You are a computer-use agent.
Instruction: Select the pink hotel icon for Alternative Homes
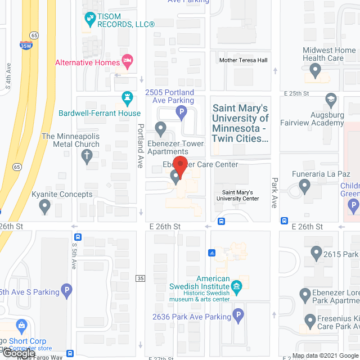(128, 62)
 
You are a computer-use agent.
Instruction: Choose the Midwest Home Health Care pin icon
(315, 71)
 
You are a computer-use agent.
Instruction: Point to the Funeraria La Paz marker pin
(305, 184)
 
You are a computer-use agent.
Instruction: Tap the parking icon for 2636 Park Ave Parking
(238, 316)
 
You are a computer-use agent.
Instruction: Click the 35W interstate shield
(26, 46)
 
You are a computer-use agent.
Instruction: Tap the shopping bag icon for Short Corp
(22, 325)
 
